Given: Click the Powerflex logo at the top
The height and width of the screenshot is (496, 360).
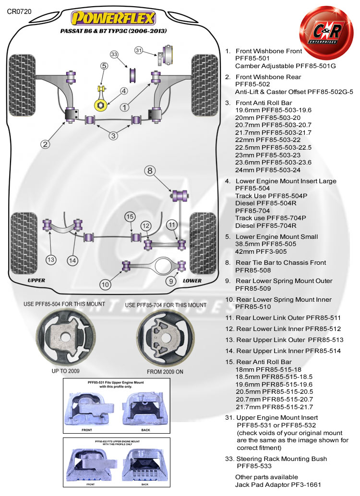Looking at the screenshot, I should pyautogui.click(x=113, y=18).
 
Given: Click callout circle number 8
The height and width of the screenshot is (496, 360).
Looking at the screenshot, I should pyautogui.click(x=149, y=170).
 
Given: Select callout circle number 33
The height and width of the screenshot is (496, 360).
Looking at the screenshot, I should pyautogui.click(x=114, y=54).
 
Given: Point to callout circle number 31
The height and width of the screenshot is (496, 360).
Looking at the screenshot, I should pyautogui.click(x=139, y=50).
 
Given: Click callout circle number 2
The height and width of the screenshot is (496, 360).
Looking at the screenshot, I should pyautogui.click(x=46, y=143).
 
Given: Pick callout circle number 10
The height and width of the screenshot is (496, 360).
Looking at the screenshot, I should pyautogui.click(x=106, y=284).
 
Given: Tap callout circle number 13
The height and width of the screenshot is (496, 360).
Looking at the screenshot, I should pyautogui.click(x=51, y=260).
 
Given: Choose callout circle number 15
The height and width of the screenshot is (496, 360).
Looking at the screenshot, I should pyautogui.click(x=129, y=217).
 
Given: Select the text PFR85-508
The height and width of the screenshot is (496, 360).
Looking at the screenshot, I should pyautogui.click(x=254, y=271).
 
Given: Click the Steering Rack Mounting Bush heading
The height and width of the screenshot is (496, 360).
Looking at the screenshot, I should pyautogui.click(x=282, y=459).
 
